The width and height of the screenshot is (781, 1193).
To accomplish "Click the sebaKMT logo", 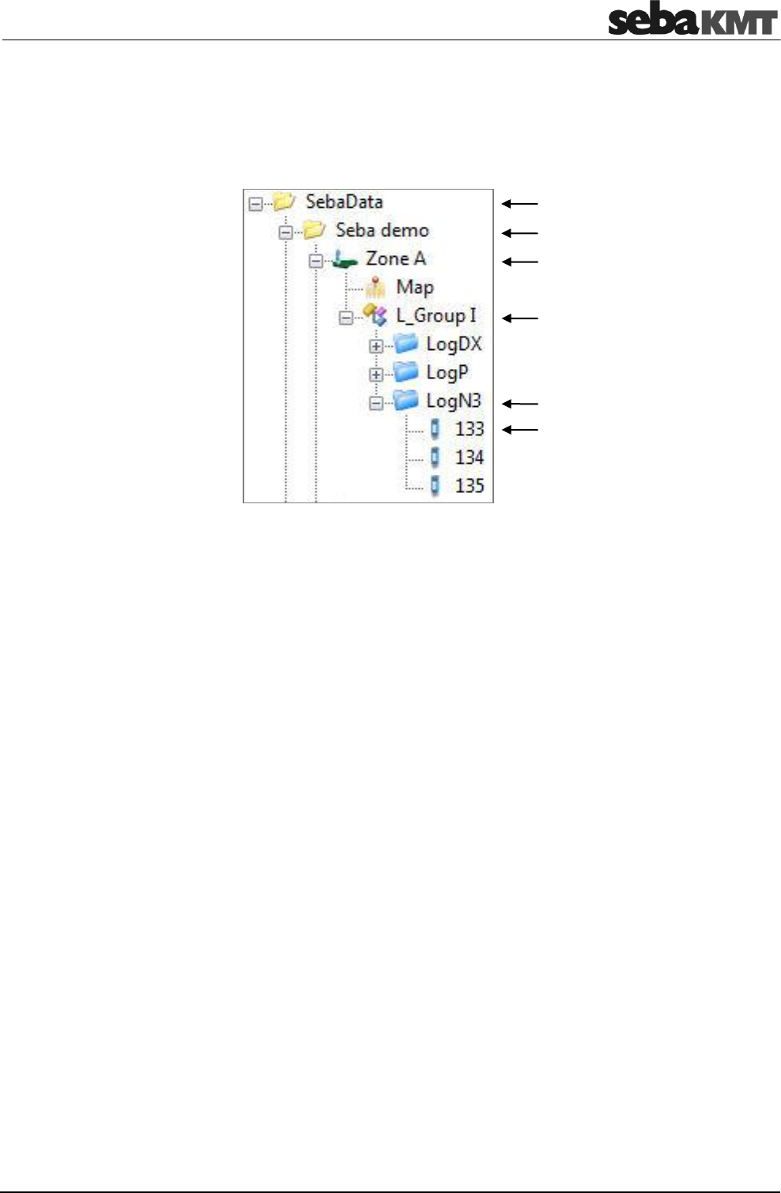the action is point(692,20).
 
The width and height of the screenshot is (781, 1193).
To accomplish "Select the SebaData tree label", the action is point(344,201).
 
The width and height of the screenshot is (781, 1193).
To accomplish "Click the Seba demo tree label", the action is point(382,230).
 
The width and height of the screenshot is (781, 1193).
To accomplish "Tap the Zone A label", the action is point(395,258).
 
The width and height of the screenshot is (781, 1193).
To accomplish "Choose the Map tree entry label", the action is point(414,287).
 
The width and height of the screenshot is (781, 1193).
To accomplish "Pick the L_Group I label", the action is point(436,315).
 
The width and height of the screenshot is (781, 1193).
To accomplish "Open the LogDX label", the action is point(453,344).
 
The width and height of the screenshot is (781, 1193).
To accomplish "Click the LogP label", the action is point(447,372).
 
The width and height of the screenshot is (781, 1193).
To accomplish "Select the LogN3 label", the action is point(453,401).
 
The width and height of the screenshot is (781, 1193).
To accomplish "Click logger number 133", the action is point(469,429).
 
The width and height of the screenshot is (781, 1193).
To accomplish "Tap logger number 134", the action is point(469,457).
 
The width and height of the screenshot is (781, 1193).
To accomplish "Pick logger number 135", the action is point(469,486).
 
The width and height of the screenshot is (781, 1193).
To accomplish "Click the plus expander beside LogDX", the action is point(376,346).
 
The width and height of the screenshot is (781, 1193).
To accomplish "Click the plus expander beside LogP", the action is point(376,374).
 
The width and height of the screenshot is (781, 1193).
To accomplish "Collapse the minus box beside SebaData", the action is point(255,204).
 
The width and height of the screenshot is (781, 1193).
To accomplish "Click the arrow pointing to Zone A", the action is point(519,262).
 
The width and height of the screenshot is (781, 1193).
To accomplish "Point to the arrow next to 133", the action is point(519,430).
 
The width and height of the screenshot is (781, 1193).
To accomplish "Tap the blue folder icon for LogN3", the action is point(406,401).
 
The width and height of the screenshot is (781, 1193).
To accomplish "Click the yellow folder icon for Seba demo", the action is point(315,230).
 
